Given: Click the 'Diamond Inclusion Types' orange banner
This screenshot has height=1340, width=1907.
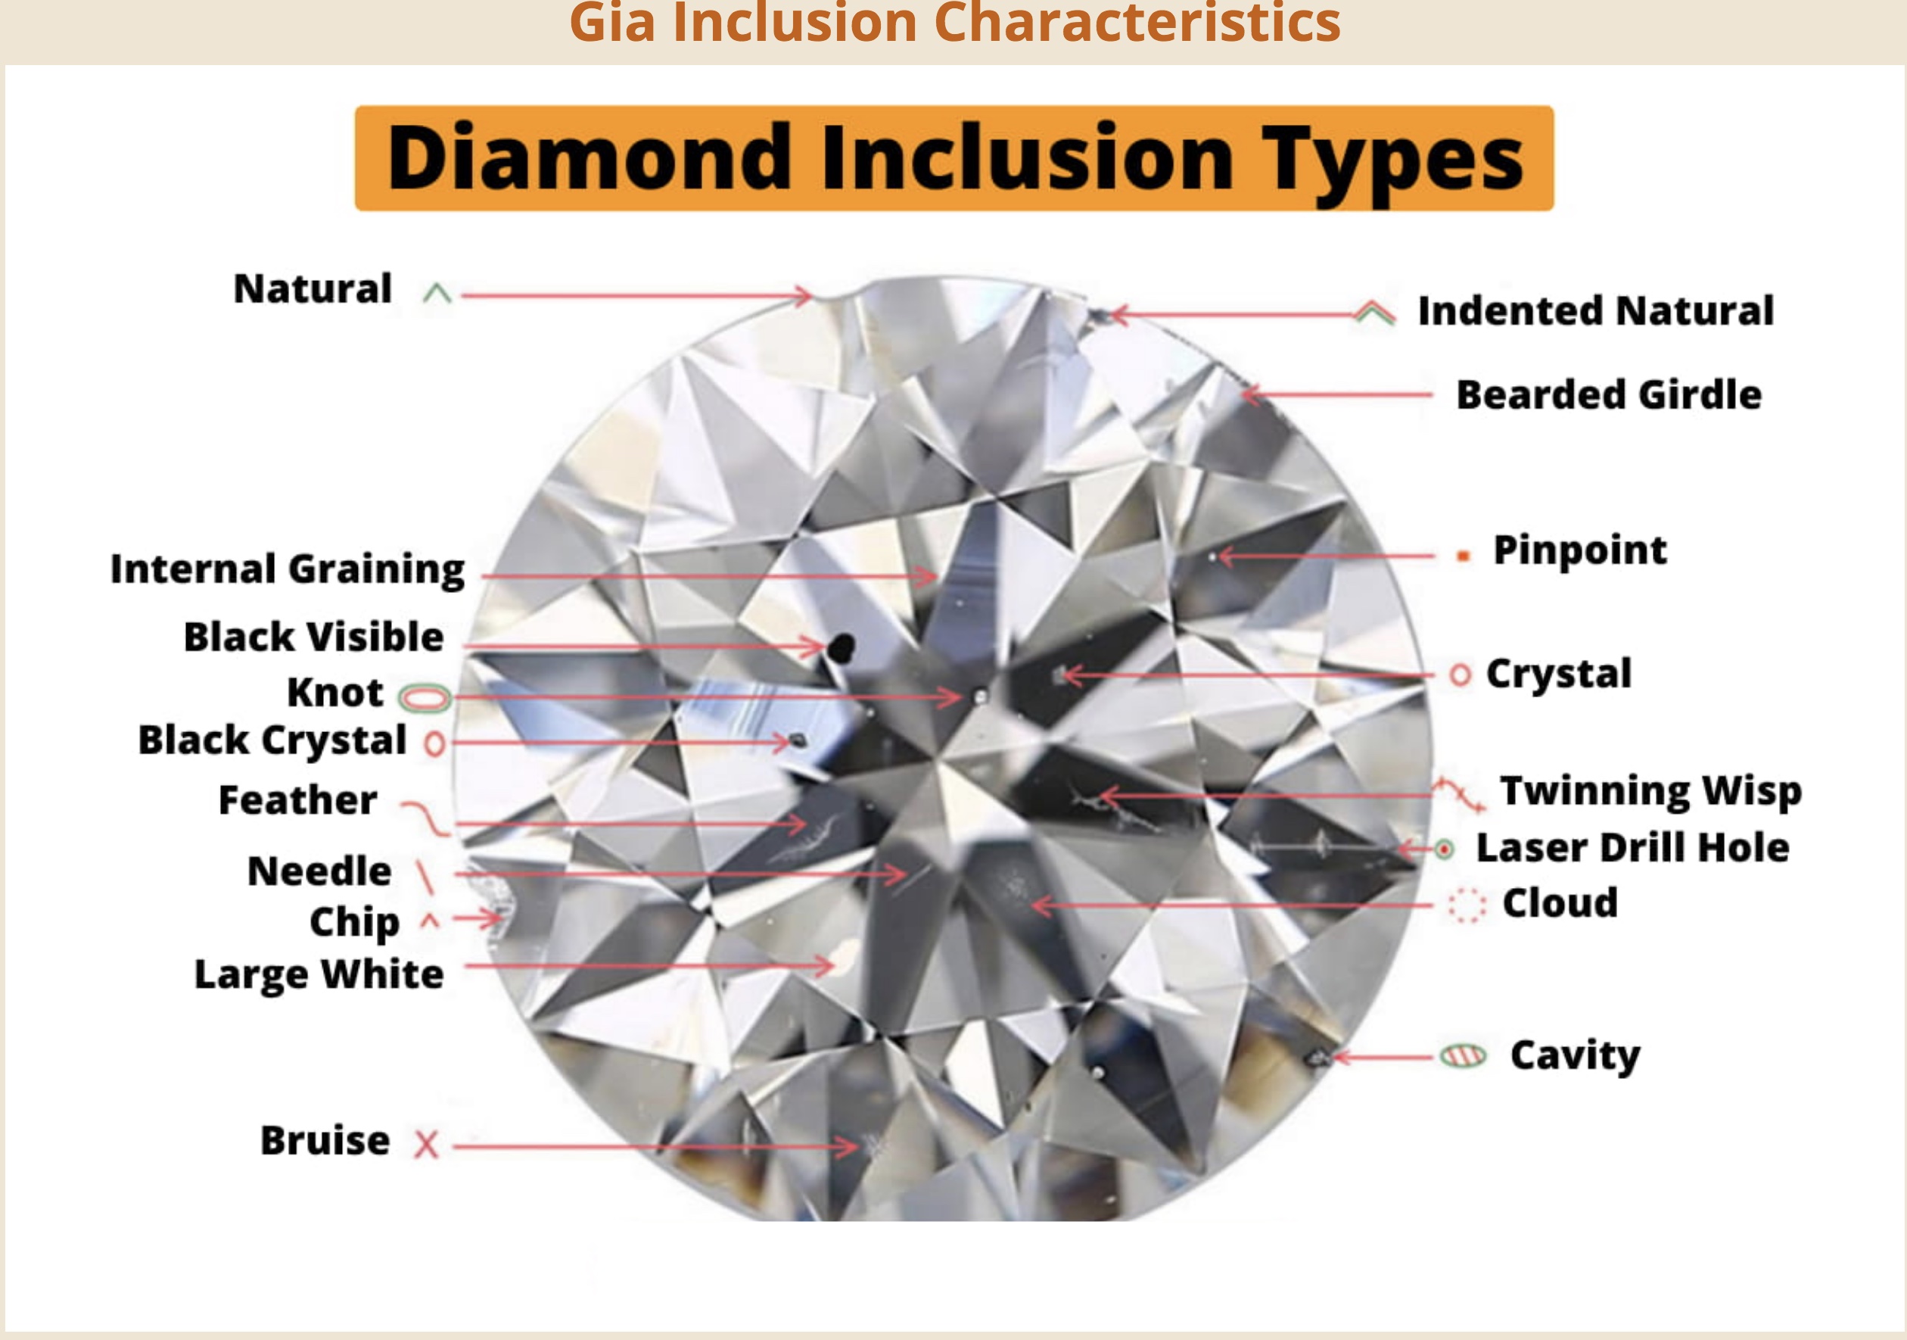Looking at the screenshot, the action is coord(953,157).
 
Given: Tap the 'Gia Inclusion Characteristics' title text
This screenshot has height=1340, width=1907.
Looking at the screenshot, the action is coord(955,23).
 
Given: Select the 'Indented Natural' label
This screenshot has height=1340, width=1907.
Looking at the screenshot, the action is coord(1595,310).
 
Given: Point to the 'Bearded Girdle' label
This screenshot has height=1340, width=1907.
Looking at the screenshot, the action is coord(1609,394).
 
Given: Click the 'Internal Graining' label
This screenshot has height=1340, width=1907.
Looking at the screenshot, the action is coord(288,570).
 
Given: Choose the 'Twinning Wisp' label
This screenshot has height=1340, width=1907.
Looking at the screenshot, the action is coord(1651,791).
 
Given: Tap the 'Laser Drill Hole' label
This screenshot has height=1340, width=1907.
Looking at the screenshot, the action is coord(1633,848).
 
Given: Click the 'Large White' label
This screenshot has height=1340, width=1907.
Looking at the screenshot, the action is coord(319,974).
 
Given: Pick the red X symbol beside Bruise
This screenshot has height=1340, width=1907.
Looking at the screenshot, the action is coord(426,1144).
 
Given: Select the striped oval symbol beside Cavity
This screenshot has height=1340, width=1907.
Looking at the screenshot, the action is coord(1464,1056).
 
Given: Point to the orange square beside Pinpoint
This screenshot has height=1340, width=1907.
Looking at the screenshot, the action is coord(1464,556).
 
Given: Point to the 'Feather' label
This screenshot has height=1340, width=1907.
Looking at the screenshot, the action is coord(297,800).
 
